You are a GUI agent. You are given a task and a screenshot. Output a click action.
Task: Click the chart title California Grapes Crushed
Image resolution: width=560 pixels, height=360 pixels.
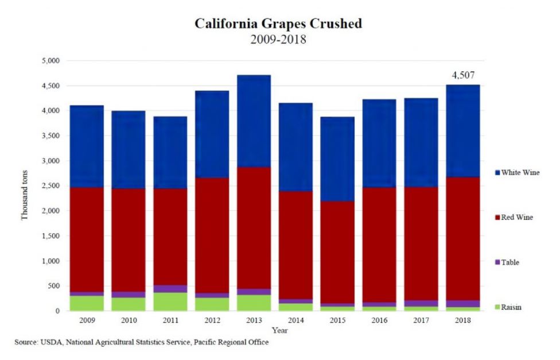pos(278,24)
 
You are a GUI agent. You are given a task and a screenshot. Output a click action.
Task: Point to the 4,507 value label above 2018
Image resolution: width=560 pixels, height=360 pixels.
pos(463,75)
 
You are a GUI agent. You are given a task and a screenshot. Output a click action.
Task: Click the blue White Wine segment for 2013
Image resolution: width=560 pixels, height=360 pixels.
pos(254,121)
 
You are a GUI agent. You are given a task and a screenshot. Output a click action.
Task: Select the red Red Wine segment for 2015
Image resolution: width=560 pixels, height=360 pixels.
pos(337,252)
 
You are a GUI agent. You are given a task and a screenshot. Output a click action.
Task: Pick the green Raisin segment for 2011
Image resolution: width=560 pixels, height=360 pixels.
pos(170,301)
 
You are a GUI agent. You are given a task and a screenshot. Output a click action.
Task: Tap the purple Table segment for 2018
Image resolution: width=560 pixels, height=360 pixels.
pos(463,304)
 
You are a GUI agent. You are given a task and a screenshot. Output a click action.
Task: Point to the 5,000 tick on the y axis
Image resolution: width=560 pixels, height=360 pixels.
pos(50,61)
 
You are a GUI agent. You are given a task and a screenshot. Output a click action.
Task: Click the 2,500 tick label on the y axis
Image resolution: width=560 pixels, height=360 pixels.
pos(50,186)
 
